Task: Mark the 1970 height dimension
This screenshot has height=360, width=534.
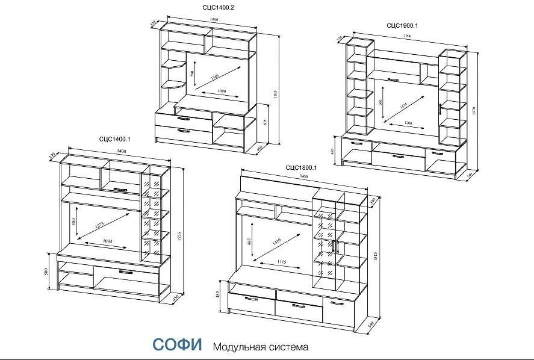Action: pyautogui.click(x=476, y=112)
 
